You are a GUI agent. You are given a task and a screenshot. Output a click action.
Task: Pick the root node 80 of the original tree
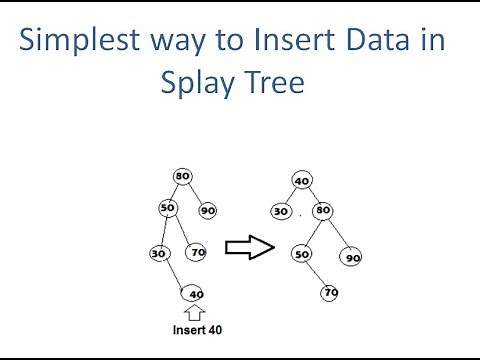pos(182,176)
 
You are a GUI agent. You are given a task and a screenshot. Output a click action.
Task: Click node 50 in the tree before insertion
pos(168,207)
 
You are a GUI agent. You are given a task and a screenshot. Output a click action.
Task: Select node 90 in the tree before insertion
pos(208,210)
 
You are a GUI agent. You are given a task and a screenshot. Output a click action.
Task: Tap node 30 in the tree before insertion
pos(158,253)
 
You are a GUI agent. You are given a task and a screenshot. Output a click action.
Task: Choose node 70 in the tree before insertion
pos(197,252)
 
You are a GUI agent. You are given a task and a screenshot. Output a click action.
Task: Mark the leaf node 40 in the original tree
pos(195,293)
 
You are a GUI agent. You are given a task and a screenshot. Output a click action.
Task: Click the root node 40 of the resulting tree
pos(302,181)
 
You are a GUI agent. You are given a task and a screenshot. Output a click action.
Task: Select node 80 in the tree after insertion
pos(323,210)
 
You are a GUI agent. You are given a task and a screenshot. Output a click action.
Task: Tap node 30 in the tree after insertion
pos(281,211)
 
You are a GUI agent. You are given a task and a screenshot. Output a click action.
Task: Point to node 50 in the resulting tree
pos(300,254)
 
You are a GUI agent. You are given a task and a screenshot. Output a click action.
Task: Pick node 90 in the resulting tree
pos(352,257)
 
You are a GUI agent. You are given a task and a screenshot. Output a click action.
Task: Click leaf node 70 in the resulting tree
pos(330,293)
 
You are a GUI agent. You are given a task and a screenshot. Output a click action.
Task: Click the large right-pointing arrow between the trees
pos(248,248)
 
